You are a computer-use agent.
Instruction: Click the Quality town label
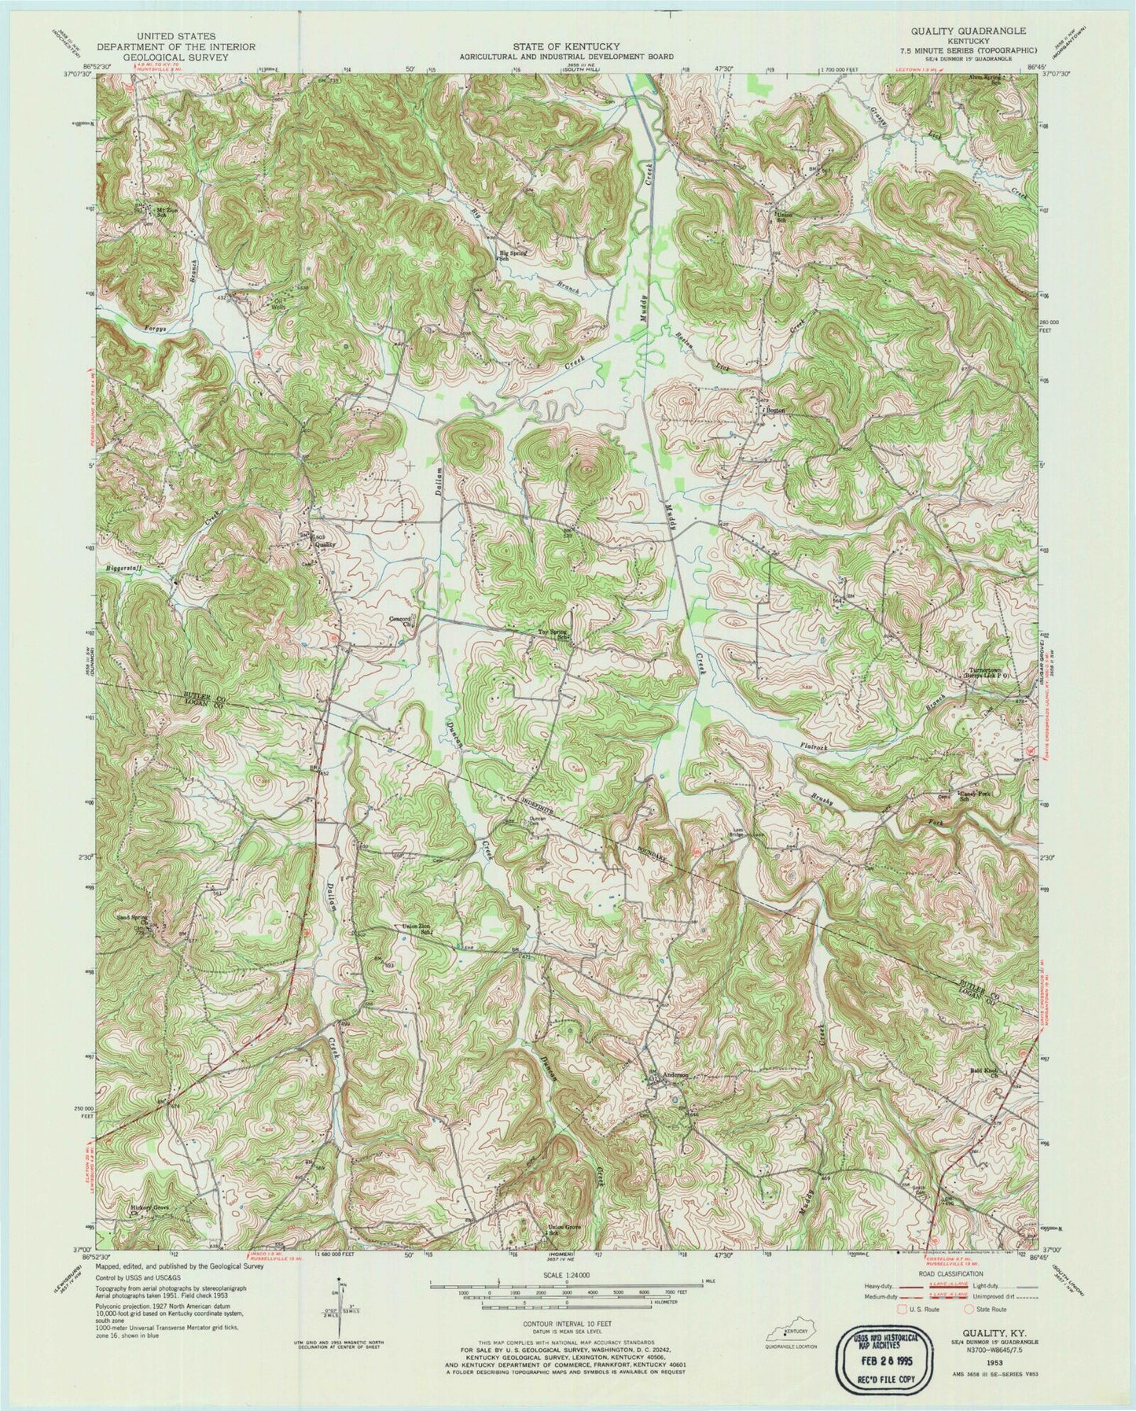325,543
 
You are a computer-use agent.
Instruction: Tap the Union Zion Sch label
419,928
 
